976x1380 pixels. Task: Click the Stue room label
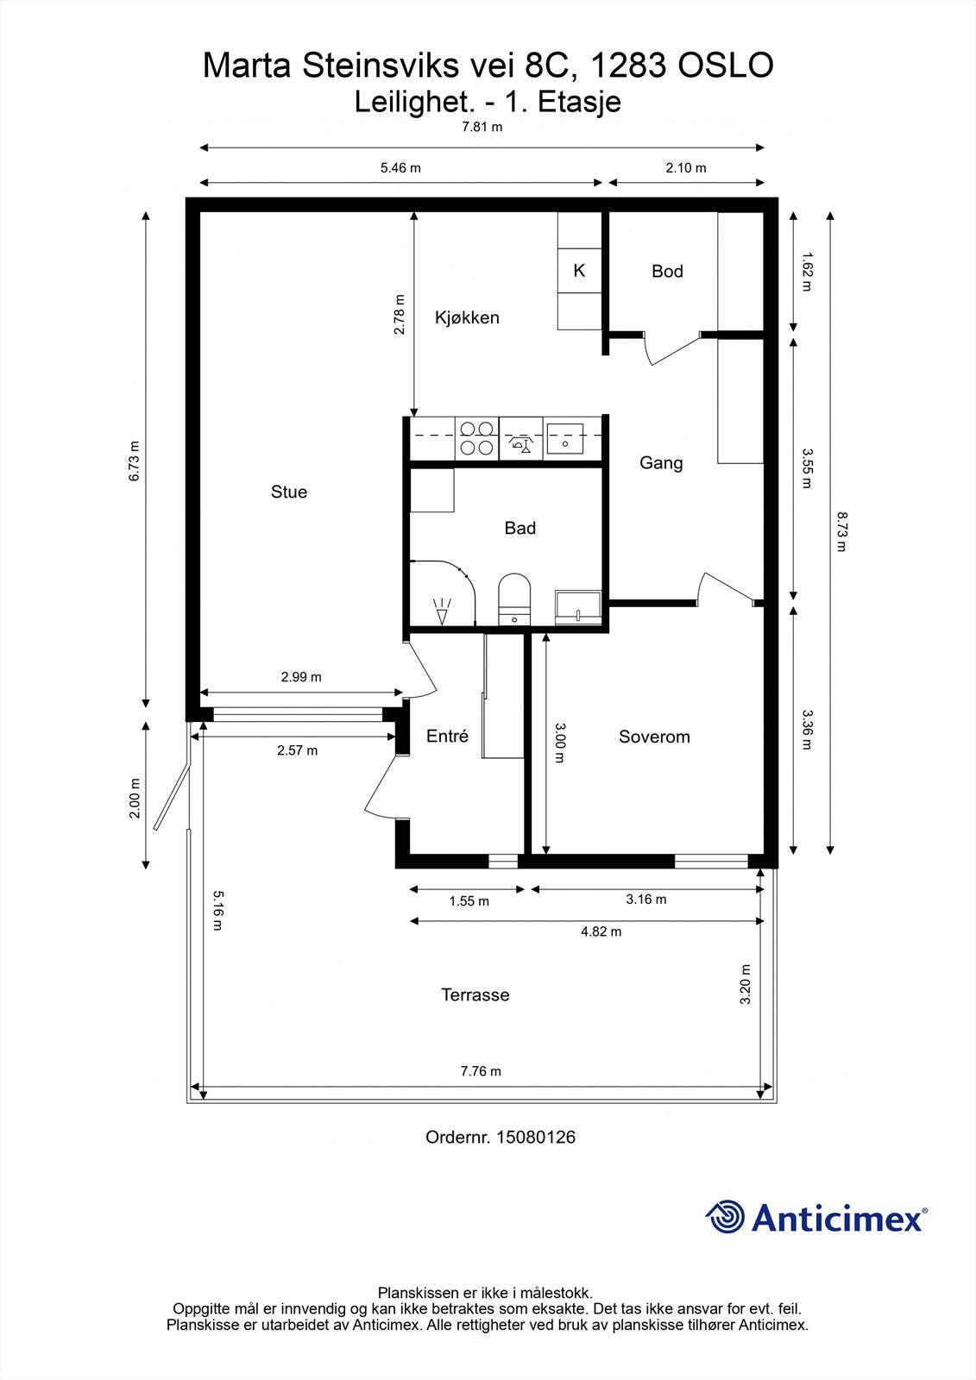pyautogui.click(x=288, y=492)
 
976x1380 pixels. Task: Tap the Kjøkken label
pyautogui.click(x=467, y=317)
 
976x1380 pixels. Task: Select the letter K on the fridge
pyautogui.click(x=579, y=271)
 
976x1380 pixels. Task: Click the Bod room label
pyautogui.click(x=667, y=272)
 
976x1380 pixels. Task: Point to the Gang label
pyautogui.click(x=661, y=463)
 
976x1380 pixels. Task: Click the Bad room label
pyautogui.click(x=520, y=528)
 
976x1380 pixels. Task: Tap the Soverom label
pyautogui.click(x=654, y=737)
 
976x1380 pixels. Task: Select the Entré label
pyautogui.click(x=447, y=737)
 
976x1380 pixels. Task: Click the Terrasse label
pyautogui.click(x=475, y=994)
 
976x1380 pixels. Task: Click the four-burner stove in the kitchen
pyautogui.click(x=476, y=437)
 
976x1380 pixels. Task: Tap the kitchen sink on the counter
pyautogui.click(x=565, y=437)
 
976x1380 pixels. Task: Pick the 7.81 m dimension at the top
pyautogui.click(x=482, y=127)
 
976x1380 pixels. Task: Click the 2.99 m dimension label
pyautogui.click(x=301, y=677)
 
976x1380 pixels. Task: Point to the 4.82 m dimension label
pyautogui.click(x=601, y=931)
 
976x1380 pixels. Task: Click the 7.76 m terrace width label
pyautogui.click(x=481, y=1071)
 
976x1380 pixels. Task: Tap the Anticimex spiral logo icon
pyautogui.click(x=725, y=1218)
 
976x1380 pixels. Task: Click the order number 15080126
pyautogui.click(x=536, y=1137)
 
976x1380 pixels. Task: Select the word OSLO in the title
pyautogui.click(x=727, y=66)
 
